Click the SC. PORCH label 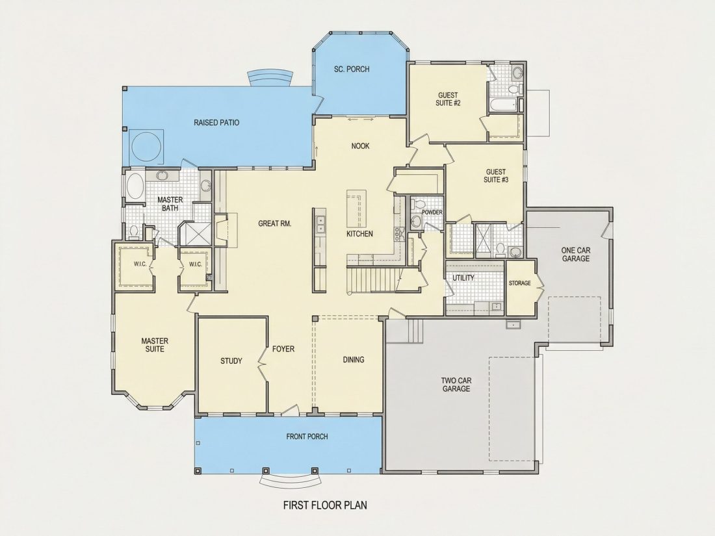(x=352, y=70)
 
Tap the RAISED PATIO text (x=216, y=123)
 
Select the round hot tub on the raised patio (x=146, y=146)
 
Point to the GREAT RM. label (x=274, y=223)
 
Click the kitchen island (x=356, y=209)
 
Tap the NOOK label (x=360, y=146)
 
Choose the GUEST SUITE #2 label (x=448, y=99)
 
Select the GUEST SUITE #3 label (x=496, y=175)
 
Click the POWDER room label (x=432, y=212)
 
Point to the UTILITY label (x=463, y=277)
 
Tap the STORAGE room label (x=520, y=283)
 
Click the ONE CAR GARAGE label (x=576, y=254)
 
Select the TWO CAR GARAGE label (x=456, y=385)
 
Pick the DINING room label (x=354, y=360)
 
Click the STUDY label (x=231, y=361)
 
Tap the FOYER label (x=283, y=349)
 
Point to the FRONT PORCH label (x=307, y=437)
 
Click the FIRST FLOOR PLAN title (x=325, y=505)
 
